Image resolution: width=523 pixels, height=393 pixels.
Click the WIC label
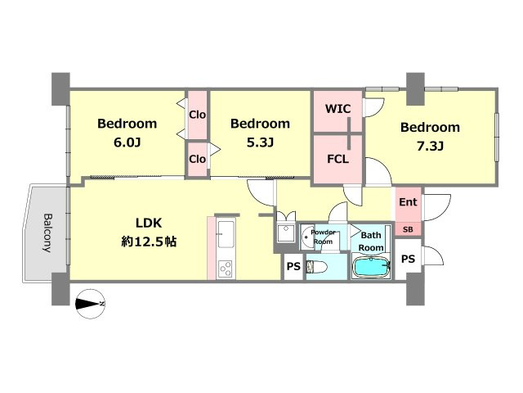click(337, 109)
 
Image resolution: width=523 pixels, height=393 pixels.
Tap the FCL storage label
click(337, 159)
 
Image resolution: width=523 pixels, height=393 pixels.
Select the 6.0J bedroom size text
click(127, 142)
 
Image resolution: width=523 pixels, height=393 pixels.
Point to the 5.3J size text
click(260, 142)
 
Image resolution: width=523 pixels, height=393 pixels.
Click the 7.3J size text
click(431, 147)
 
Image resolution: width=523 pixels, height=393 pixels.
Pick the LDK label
click(149, 223)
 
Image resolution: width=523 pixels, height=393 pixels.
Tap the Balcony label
click(47, 233)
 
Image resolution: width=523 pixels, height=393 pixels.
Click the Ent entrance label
click(408, 202)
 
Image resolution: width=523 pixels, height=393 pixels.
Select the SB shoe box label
click(408, 229)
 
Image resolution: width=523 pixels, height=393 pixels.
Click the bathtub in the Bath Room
click(371, 267)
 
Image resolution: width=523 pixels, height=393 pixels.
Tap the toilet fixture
click(317, 267)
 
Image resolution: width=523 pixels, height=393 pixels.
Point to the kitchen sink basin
click(226, 234)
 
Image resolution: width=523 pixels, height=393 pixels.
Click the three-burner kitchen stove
click(226, 269)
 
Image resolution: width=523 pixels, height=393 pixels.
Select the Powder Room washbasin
click(306, 237)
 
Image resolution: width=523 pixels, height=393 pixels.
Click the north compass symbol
click(91, 304)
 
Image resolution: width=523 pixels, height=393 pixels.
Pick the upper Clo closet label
click(198, 115)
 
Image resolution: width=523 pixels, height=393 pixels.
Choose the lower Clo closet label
click(198, 159)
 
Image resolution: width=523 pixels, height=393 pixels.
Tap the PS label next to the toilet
click(294, 266)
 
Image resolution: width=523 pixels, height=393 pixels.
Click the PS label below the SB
click(408, 259)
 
